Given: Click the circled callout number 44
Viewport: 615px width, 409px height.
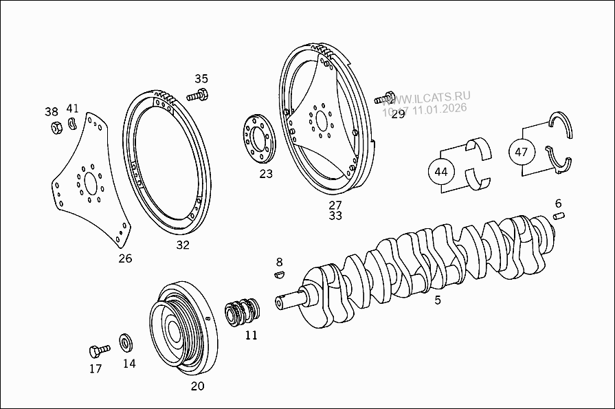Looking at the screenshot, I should tap(441, 171).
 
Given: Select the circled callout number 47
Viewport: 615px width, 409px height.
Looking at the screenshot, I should tap(521, 151).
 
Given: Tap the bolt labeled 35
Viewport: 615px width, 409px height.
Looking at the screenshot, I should tap(200, 95).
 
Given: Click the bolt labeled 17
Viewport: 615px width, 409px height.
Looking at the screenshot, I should tap(96, 351).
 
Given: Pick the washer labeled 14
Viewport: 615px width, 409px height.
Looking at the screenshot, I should tap(127, 342).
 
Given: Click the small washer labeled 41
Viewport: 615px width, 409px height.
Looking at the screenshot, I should tap(72, 125).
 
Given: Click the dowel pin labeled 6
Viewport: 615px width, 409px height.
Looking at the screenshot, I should tap(559, 217).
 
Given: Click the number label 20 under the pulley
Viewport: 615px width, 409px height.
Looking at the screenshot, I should tap(197, 386).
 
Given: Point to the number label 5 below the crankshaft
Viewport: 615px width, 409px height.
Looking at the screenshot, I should tap(438, 300).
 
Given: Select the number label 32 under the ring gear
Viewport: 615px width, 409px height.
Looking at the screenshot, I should tap(183, 245).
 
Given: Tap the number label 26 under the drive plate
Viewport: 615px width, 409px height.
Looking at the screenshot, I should tap(124, 258).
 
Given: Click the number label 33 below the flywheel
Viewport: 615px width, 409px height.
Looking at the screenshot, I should tap(335, 216).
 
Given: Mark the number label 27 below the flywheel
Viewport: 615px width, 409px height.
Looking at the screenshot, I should tap(335, 205).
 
